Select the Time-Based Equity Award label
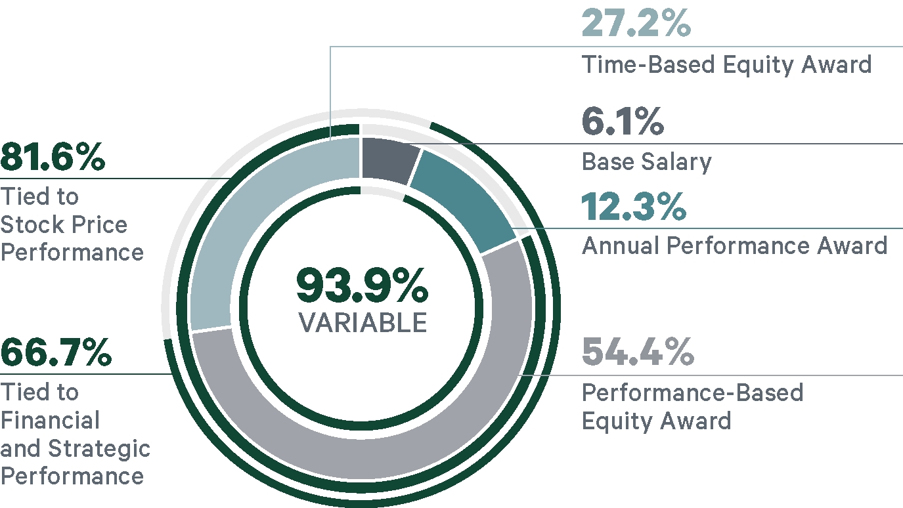[727, 65]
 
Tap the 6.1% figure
[623, 121]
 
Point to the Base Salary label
[646, 161]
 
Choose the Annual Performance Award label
[735, 245]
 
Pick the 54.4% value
[638, 352]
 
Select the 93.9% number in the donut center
[363, 286]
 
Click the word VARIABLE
[363, 322]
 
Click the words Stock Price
[64, 224]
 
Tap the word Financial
[50, 421]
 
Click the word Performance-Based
[693, 392]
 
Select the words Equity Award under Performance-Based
[657, 420]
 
